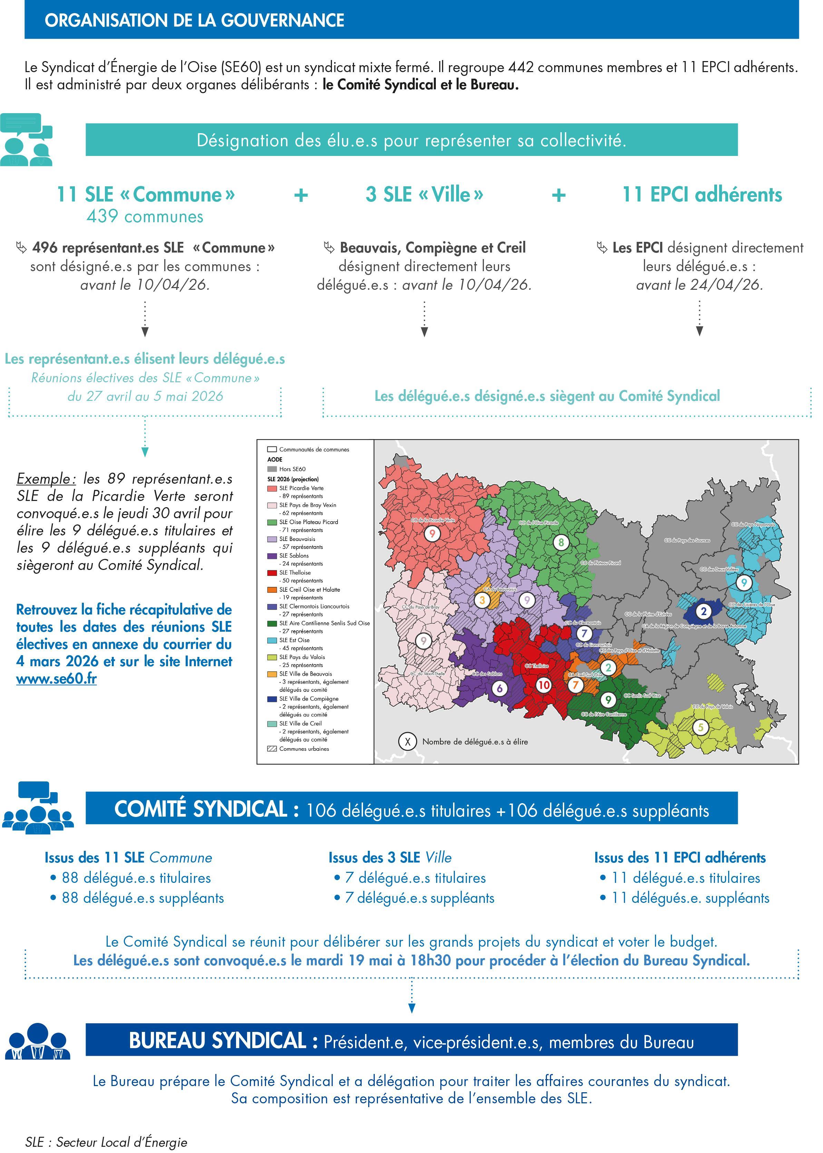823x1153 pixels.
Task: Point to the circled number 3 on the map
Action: click(482, 600)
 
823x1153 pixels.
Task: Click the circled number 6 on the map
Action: click(500, 688)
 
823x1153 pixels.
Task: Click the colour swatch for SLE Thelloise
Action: click(272, 572)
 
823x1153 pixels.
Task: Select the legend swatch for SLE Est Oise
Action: click(272, 640)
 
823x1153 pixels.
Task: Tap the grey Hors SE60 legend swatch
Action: click(272, 469)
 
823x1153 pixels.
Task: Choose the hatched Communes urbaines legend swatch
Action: click(272, 749)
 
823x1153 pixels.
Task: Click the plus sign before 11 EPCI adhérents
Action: click(558, 195)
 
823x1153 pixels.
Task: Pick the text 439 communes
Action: click(145, 217)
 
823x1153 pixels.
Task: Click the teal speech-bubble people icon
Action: click(26, 140)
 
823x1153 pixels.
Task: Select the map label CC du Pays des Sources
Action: click(687, 541)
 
